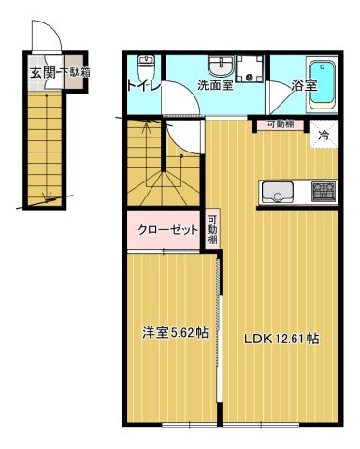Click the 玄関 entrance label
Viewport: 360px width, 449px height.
[41, 71]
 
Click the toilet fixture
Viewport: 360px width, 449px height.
[145, 68]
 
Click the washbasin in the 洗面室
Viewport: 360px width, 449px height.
[221, 65]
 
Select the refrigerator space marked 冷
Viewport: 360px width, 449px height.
[324, 135]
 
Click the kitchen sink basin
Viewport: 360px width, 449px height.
[276, 192]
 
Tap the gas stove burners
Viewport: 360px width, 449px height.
[323, 192]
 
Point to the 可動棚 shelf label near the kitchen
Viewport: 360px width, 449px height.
[281, 124]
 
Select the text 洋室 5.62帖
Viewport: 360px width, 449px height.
[176, 334]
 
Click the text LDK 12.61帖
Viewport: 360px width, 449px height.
[281, 339]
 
